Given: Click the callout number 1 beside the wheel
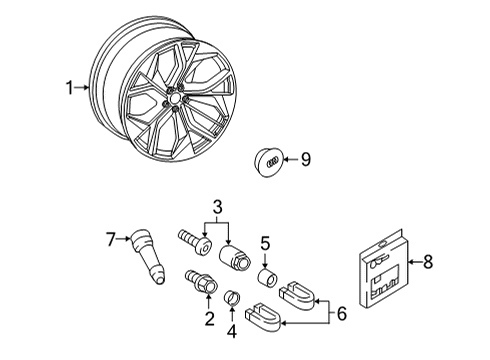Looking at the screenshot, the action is click(x=69, y=88).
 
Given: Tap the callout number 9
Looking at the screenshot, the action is click(x=306, y=159).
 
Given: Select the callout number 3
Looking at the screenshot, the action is click(x=217, y=207).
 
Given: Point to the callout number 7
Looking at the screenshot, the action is click(x=111, y=239).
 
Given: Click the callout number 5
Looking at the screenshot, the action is click(x=265, y=243).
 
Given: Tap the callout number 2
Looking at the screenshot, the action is click(x=209, y=318).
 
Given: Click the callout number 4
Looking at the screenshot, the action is click(x=232, y=331).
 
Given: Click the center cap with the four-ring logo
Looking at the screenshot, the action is click(x=267, y=162).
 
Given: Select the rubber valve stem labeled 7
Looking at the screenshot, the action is click(x=148, y=256).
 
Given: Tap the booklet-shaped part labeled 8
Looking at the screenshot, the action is click(x=383, y=269).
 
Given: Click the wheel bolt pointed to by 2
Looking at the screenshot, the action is click(x=201, y=281).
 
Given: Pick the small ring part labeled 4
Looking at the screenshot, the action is click(x=233, y=297).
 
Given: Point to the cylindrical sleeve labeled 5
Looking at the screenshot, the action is click(x=269, y=277).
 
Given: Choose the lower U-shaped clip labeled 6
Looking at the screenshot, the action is click(x=263, y=317).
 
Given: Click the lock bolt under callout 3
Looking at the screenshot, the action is click(x=196, y=242).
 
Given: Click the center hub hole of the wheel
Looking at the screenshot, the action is click(x=175, y=98).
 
